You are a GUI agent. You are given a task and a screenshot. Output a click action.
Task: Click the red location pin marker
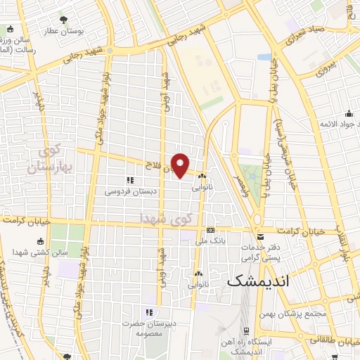click(x=181, y=165)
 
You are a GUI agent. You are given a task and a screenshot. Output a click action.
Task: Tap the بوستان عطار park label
click(x=65, y=32)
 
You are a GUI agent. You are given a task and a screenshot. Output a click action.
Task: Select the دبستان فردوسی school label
click(x=131, y=191)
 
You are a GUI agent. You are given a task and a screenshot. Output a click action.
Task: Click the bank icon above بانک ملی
click(x=210, y=231)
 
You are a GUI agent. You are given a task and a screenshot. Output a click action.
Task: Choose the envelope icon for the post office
click(x=261, y=236)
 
